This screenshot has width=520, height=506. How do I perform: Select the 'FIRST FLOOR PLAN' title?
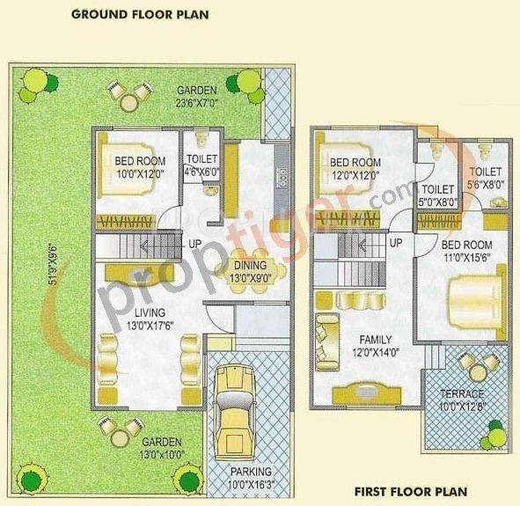point(410,491)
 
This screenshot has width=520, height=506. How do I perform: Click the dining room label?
point(252,266)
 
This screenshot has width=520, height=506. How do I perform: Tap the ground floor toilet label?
point(201,159)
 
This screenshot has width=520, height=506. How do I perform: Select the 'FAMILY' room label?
point(375,340)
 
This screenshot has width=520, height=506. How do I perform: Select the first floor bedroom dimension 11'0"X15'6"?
point(467,258)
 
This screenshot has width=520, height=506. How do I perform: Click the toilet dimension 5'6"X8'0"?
point(485,185)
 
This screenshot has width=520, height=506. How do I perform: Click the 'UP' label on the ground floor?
point(194,244)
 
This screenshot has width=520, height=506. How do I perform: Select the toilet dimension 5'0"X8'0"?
point(437,202)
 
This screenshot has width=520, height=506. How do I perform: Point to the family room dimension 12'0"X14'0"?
point(375,352)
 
